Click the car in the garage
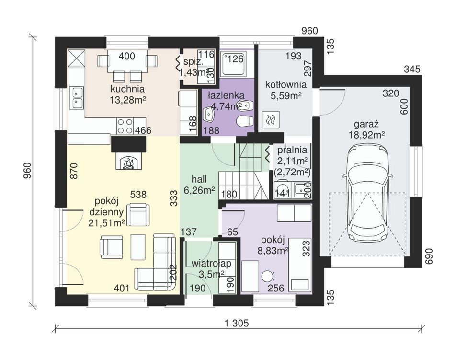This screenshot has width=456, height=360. [367, 195]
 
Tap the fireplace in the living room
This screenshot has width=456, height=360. [128, 161]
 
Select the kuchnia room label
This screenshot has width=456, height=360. [127, 88]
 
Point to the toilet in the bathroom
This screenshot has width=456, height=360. [245, 121]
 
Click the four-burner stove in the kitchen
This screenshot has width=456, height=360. [125, 126]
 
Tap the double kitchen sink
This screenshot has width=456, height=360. [76, 97]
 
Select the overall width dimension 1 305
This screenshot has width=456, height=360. [237, 323]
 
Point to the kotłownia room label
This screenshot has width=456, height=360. [286, 84]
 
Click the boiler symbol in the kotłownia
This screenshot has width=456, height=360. [271, 119]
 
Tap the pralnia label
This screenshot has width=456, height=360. [292, 150]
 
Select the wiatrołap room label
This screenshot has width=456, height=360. [211, 264]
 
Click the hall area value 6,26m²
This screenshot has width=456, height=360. [199, 190]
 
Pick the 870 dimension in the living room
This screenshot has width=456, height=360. [74, 171]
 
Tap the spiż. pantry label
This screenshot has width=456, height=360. [194, 62]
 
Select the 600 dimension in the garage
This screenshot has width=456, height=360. [404, 106]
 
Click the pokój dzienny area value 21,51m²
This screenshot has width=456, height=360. [107, 223]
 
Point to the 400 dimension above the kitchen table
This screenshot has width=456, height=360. [127, 56]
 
